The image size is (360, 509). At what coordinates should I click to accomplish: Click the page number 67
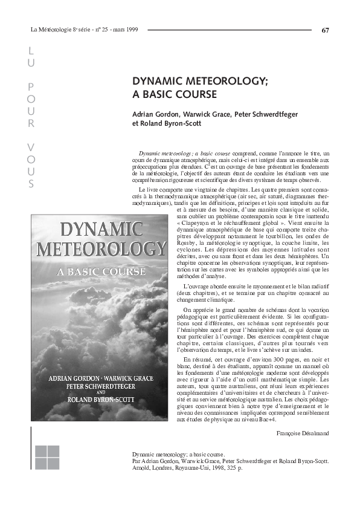(326, 30)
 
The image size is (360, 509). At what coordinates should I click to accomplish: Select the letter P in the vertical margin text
(31, 86)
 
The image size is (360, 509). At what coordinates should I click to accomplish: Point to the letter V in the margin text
(31, 147)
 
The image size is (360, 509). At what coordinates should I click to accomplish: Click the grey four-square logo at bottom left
(47, 458)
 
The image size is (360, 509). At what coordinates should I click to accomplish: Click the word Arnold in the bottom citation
(141, 467)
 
